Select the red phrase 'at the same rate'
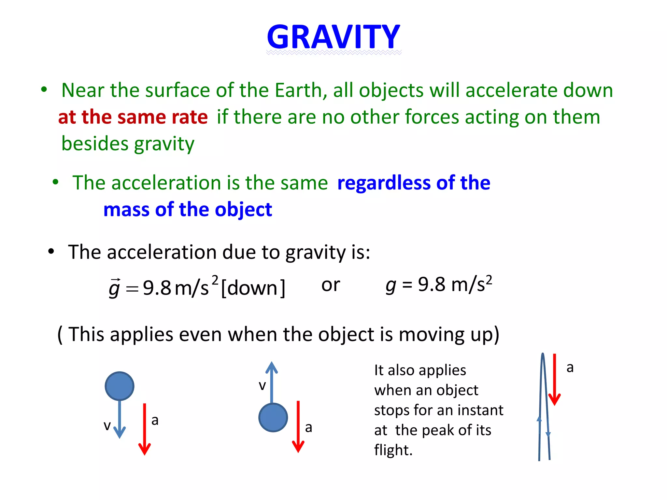point(133,117)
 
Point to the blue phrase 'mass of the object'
point(188,209)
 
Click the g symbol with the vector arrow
point(114,288)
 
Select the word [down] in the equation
point(253,288)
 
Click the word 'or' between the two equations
point(330,285)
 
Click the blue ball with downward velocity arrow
point(120,386)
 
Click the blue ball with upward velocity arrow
point(273,417)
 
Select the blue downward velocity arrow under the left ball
point(120,420)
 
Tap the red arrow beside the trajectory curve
point(554,379)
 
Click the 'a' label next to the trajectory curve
point(570,368)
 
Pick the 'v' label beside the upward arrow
point(262,385)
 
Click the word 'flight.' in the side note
point(393,450)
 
